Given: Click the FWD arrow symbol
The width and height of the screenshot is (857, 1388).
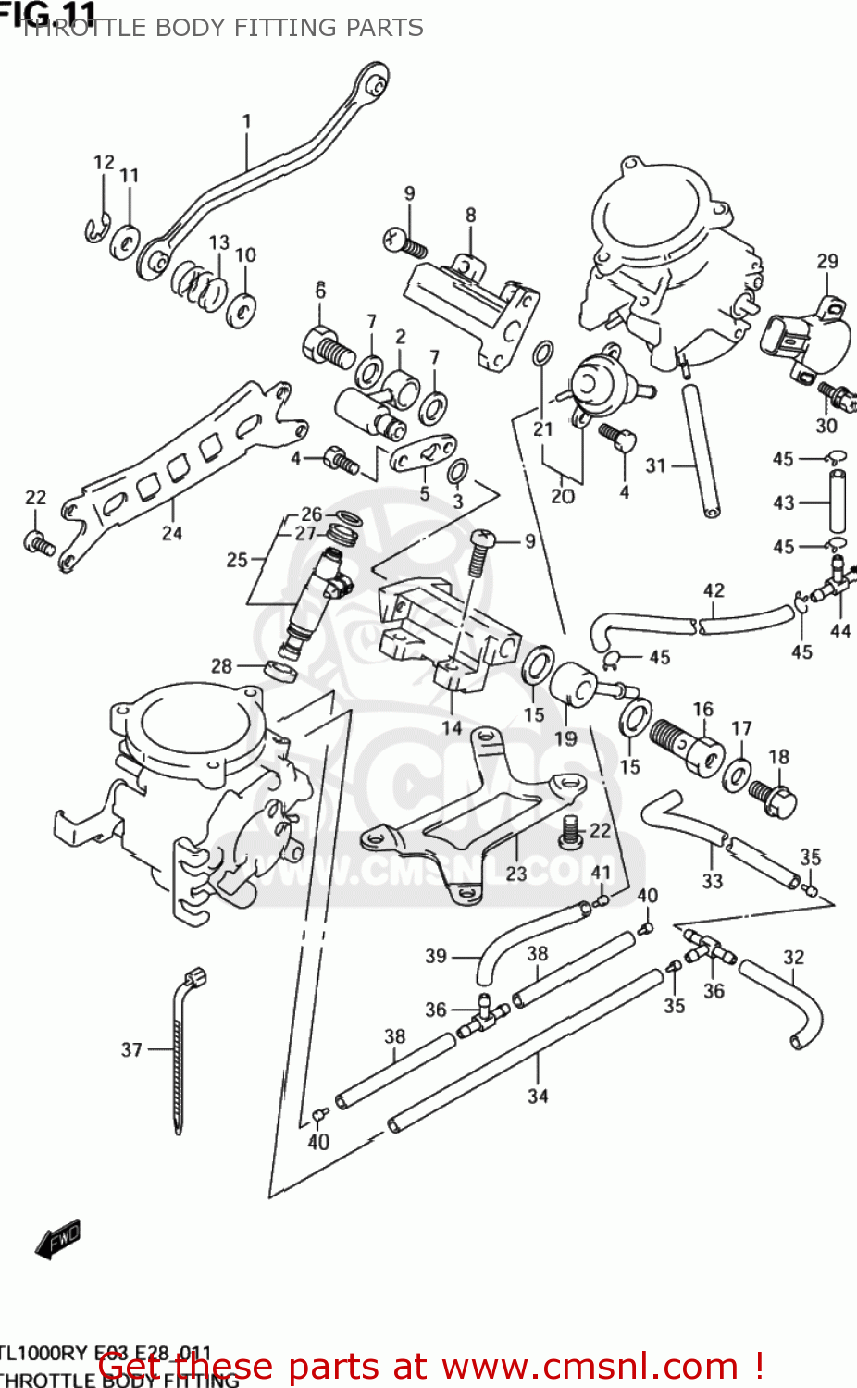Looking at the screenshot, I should (x=59, y=1239).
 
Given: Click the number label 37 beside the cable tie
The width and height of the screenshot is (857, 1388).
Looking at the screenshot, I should (x=131, y=1049).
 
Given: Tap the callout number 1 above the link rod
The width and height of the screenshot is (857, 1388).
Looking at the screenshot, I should (x=247, y=120).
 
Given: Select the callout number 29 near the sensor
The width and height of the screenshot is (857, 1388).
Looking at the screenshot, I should (x=827, y=262).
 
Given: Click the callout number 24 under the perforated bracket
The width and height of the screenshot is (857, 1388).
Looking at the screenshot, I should (x=172, y=533).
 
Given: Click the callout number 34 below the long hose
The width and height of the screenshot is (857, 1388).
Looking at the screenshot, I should (x=538, y=1096).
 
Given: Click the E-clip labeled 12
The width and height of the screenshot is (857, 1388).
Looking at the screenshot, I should (x=97, y=229).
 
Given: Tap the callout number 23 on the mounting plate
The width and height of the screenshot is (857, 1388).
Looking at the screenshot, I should (x=516, y=872).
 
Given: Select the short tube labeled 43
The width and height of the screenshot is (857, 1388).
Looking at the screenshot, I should (x=837, y=501).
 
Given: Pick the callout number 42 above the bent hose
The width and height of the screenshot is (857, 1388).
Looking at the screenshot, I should (x=714, y=590).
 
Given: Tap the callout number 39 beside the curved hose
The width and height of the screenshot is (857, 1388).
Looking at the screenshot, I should (x=436, y=956).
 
